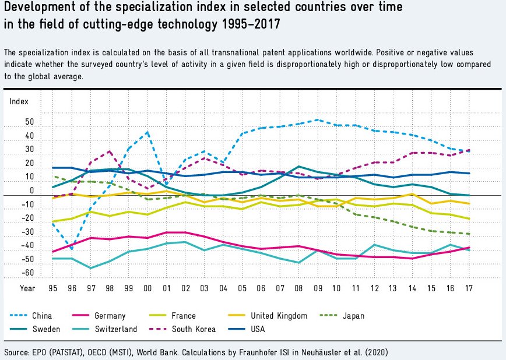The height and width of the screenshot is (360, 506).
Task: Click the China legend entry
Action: [x=41, y=316]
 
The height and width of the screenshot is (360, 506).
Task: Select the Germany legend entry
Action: [x=110, y=316]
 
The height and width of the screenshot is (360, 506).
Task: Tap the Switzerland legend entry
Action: [x=115, y=329]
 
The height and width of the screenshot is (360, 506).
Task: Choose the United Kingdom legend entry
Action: [x=279, y=316]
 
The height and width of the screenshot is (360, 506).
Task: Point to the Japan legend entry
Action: [x=353, y=316]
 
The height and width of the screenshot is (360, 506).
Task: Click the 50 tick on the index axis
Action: [x=29, y=123]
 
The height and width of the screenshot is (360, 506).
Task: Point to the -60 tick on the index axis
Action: [x=28, y=273]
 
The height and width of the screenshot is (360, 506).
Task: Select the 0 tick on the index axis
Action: [x=31, y=191]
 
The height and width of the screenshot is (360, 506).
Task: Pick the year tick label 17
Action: [x=468, y=288]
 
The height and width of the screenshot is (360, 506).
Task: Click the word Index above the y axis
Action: [x=19, y=101]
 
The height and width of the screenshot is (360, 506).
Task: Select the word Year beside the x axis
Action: [x=27, y=288]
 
